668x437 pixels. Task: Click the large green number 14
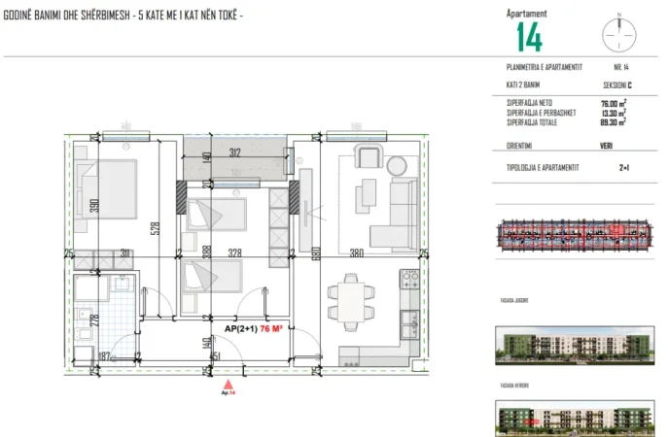529,37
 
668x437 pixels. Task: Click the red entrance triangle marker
229,386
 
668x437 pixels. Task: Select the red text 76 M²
273,329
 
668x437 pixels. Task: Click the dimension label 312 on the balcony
235,151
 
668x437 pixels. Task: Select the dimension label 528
154,229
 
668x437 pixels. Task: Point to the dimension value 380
357,252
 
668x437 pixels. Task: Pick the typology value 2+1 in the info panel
624,167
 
